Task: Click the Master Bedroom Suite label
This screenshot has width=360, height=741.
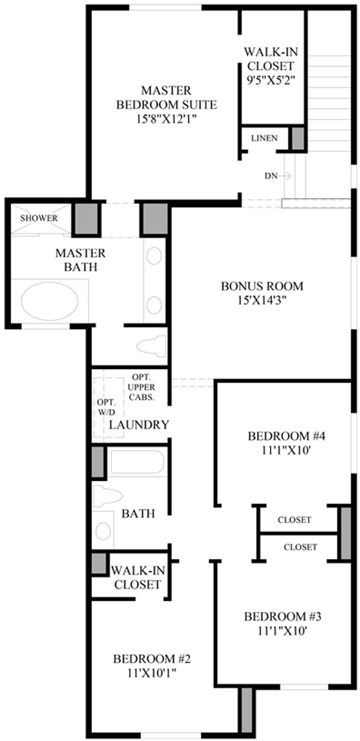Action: (x=167, y=105)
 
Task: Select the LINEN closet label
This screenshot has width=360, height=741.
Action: (x=265, y=138)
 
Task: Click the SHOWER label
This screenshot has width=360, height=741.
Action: (x=39, y=218)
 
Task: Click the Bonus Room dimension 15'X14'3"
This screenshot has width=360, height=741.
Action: (x=262, y=300)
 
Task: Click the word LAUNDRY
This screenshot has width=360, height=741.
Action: (x=139, y=424)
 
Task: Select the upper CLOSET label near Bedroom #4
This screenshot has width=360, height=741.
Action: (x=294, y=520)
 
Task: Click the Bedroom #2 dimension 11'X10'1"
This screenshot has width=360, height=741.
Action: (x=151, y=672)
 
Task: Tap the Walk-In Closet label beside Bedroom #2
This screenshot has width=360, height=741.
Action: (x=137, y=578)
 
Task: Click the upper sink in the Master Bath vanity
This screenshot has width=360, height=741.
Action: (x=154, y=256)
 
